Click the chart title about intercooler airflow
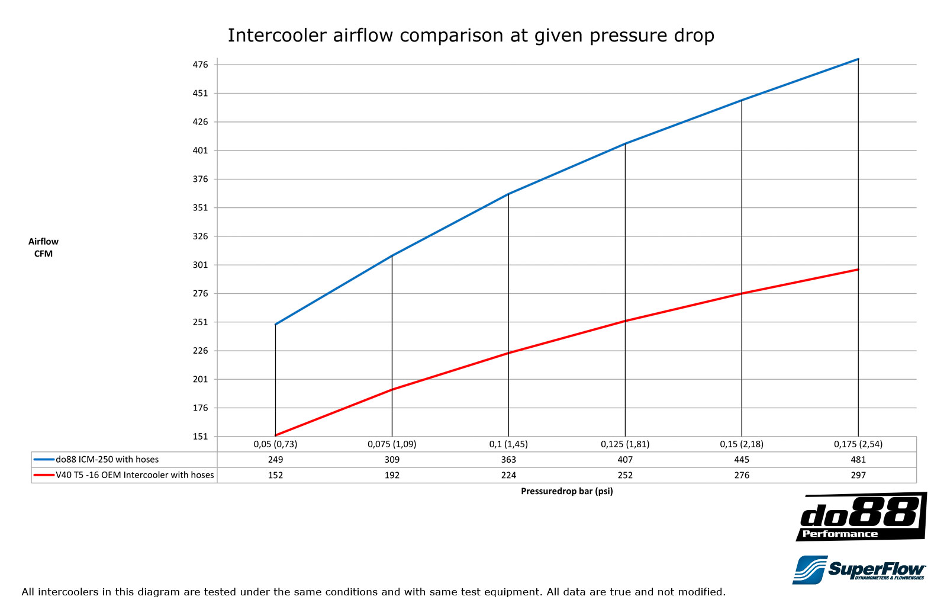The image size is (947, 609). [471, 36]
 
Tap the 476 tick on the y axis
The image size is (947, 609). [201, 65]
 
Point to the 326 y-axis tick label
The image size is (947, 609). [201, 236]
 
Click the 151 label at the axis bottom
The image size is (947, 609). [201, 437]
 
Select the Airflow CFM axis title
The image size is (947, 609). [43, 248]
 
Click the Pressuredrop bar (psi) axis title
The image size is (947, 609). [566, 491]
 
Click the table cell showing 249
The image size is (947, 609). [275, 460]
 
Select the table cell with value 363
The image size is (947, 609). [508, 460]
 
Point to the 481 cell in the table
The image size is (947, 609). [858, 460]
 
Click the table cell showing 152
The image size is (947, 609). [275, 475]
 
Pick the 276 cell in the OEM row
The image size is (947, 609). [742, 475]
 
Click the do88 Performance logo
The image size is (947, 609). [861, 517]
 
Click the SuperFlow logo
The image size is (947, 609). [859, 570]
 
